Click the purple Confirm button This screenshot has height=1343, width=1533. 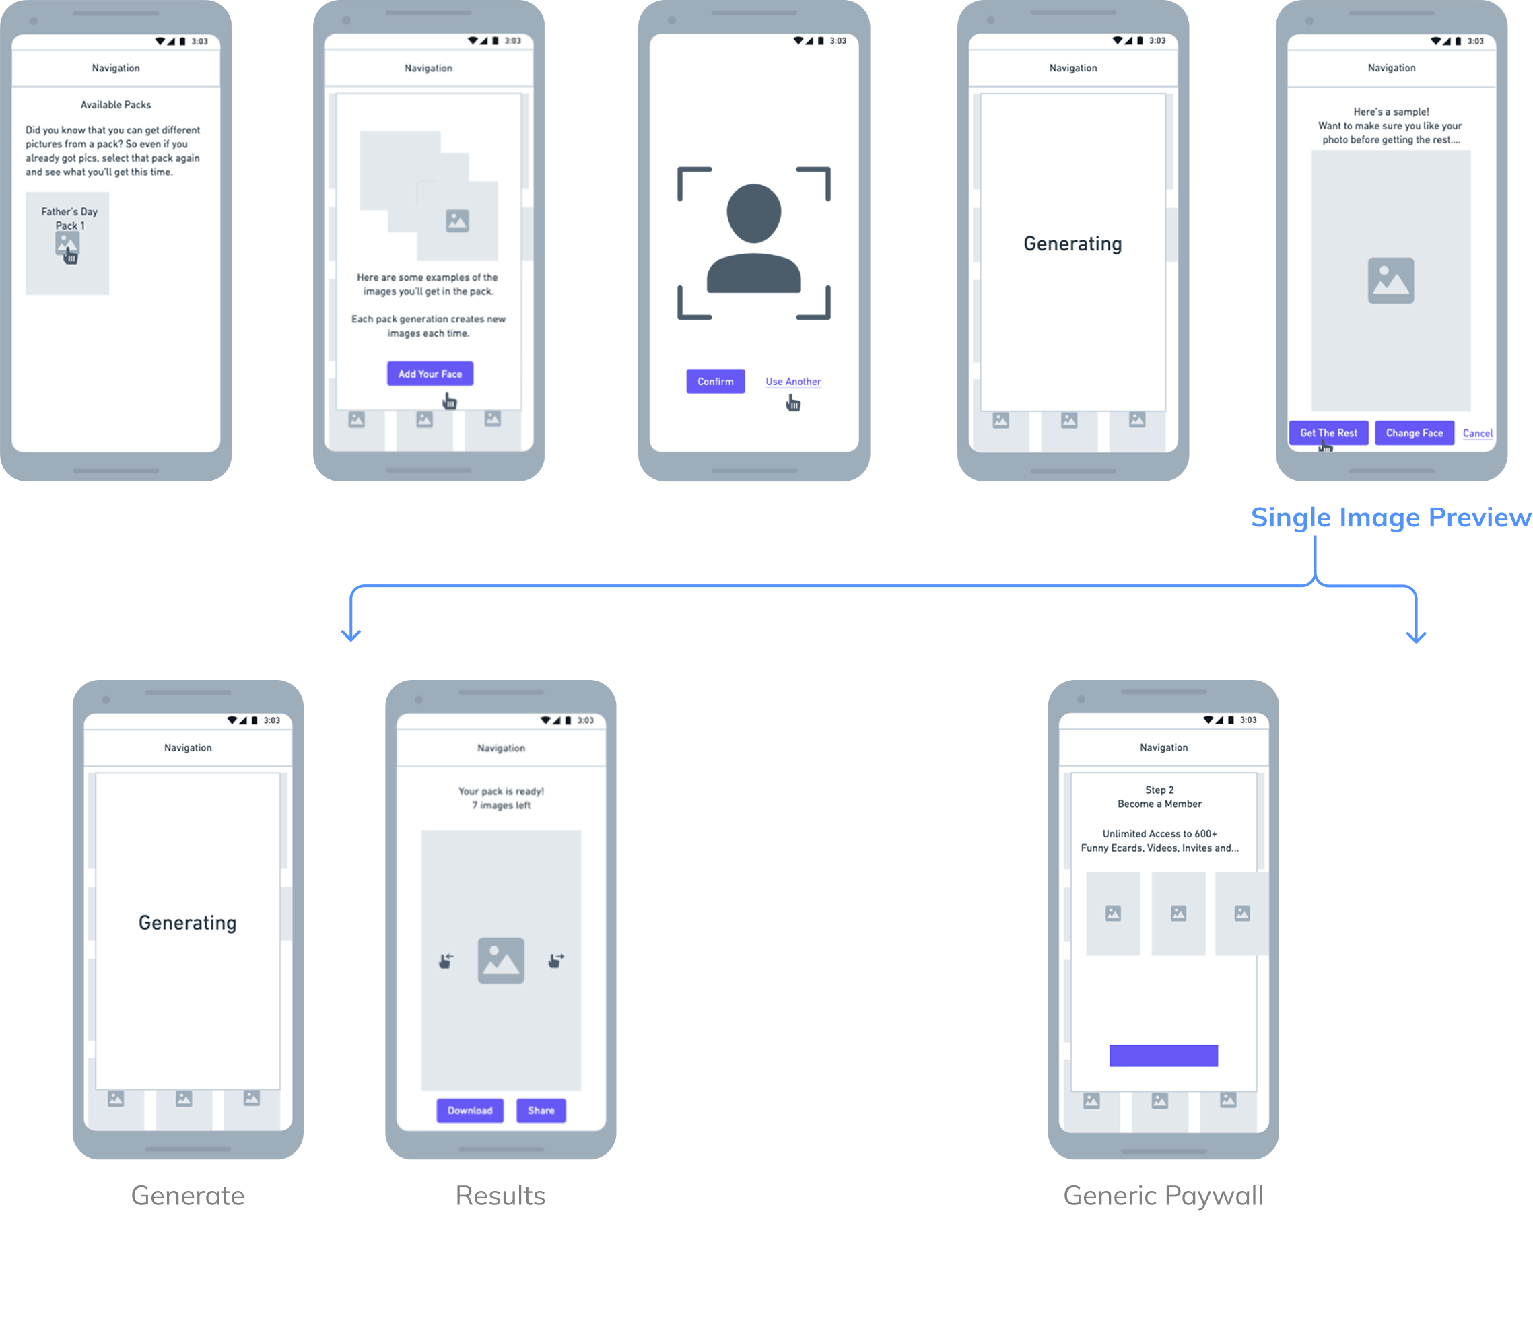pyautogui.click(x=715, y=382)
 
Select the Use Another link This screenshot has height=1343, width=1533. pyautogui.click(x=793, y=382)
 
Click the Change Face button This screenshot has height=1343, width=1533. pyautogui.click(x=1414, y=433)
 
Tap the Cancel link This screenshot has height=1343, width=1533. pyautogui.click(x=1478, y=433)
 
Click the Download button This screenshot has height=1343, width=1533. pyautogui.click(x=470, y=1111)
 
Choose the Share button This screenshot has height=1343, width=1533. pyautogui.click(x=541, y=1111)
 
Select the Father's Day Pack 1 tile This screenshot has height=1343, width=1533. pyautogui.click(x=67, y=243)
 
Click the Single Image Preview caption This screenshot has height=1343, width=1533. pyautogui.click(x=1390, y=518)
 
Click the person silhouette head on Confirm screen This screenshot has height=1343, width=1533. pyautogui.click(x=754, y=213)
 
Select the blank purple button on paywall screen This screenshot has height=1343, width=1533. pyautogui.click(x=1163, y=1056)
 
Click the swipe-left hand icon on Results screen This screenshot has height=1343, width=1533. pyautogui.click(x=446, y=961)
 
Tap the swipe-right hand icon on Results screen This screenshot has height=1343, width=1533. pyautogui.click(x=556, y=961)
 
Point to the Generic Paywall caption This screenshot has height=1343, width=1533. pyautogui.click(x=1163, y=1196)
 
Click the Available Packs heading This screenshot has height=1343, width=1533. pyautogui.click(x=116, y=105)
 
